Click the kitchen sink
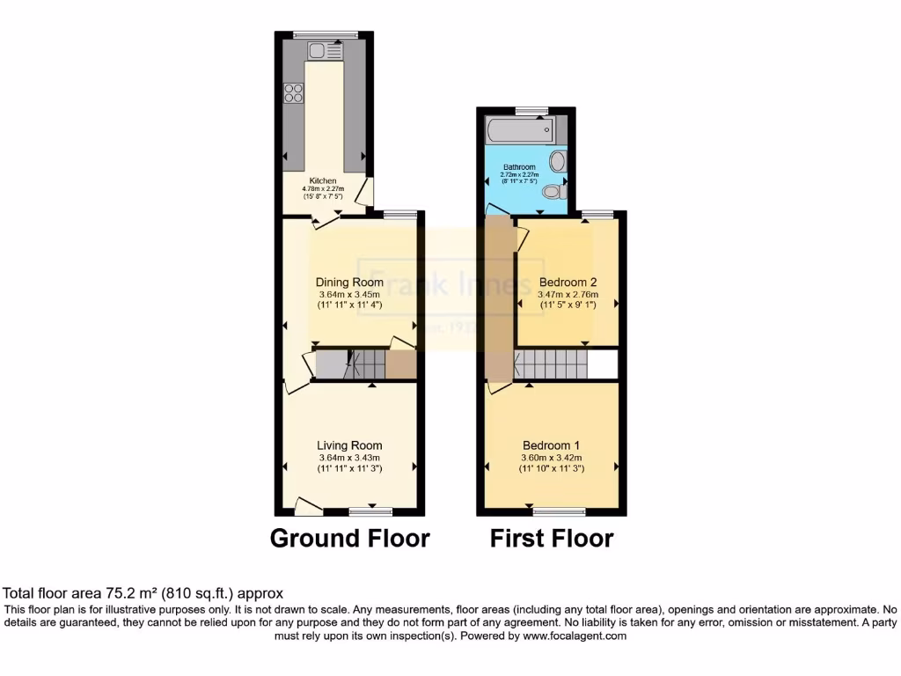[x=326, y=51]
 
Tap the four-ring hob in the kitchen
[x=294, y=92]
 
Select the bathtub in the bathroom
[x=519, y=131]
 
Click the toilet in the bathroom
[x=552, y=191]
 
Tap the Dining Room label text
[x=349, y=283]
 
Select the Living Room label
[x=350, y=445]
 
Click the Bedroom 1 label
[x=552, y=445]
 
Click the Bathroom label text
[x=519, y=166]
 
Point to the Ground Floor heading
[x=349, y=538]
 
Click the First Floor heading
[x=552, y=538]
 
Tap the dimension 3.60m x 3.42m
[x=552, y=458]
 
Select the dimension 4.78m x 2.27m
[x=323, y=188]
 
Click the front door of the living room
[x=308, y=506]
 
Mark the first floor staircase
[x=551, y=364]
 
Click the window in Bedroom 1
[x=559, y=511]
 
